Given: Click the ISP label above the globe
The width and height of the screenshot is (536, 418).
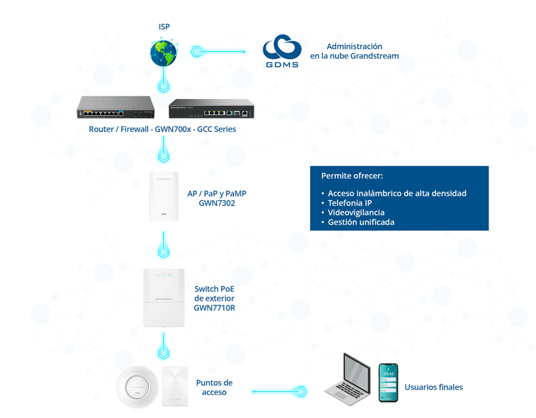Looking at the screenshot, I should coord(164,27).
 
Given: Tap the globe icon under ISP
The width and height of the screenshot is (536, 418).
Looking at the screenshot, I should coord(164,54).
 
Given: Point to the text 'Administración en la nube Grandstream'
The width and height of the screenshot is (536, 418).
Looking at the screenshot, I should coord(354,51).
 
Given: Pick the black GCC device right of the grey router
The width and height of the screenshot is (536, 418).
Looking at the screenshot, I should coord(211,109).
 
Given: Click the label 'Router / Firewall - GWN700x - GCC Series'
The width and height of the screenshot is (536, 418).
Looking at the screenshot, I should coord(162,129).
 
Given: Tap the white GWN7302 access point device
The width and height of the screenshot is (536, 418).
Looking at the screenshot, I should coord(164,196).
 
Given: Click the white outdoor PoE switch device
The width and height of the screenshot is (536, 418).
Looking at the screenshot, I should coord(164,298).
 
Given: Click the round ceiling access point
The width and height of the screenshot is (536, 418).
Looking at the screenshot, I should coord(137,387).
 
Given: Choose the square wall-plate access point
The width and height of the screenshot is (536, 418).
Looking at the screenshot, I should coord(178,386).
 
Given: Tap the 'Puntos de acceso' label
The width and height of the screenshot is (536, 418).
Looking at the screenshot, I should coord(214,387).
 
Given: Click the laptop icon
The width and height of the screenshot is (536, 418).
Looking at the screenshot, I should coord(348,380).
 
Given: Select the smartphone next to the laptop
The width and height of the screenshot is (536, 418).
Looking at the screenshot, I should coord(388,382).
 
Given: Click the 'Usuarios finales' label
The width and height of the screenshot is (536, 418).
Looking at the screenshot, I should coord(433,387).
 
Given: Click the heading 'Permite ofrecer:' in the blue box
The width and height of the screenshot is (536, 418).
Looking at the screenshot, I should coord(352,176).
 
